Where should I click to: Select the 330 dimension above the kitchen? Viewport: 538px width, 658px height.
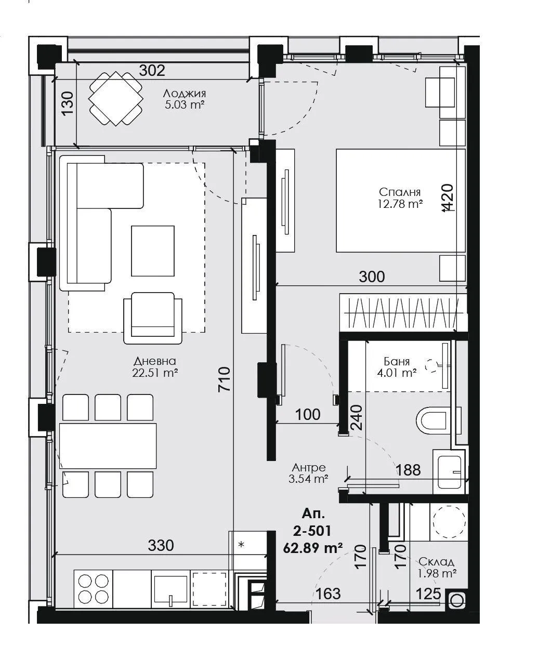(161, 546)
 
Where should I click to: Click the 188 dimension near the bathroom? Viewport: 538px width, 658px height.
(408, 470)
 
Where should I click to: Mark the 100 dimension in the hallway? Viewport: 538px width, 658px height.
(308, 414)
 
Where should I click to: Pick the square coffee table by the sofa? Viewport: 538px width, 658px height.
(153, 251)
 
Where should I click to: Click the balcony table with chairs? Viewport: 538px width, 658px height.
(116, 98)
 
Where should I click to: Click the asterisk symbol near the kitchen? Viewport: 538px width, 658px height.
(241, 545)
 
